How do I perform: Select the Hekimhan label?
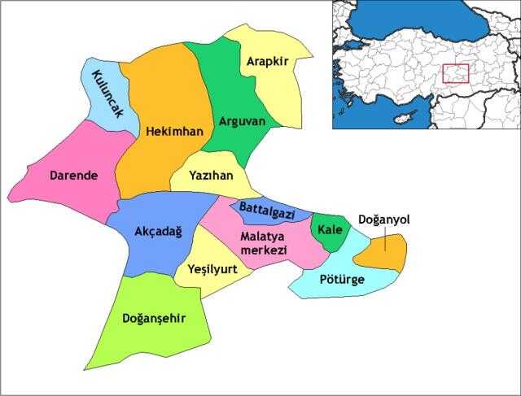[169, 130]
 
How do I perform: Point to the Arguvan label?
[243, 121]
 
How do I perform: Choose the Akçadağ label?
[158, 231]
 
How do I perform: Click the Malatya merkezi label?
[264, 242]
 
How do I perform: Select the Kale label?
[330, 228]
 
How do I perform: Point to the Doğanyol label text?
[383, 220]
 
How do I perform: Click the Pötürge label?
[342, 279]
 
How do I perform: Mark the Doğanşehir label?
[155, 318]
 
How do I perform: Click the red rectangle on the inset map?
[456, 73]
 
